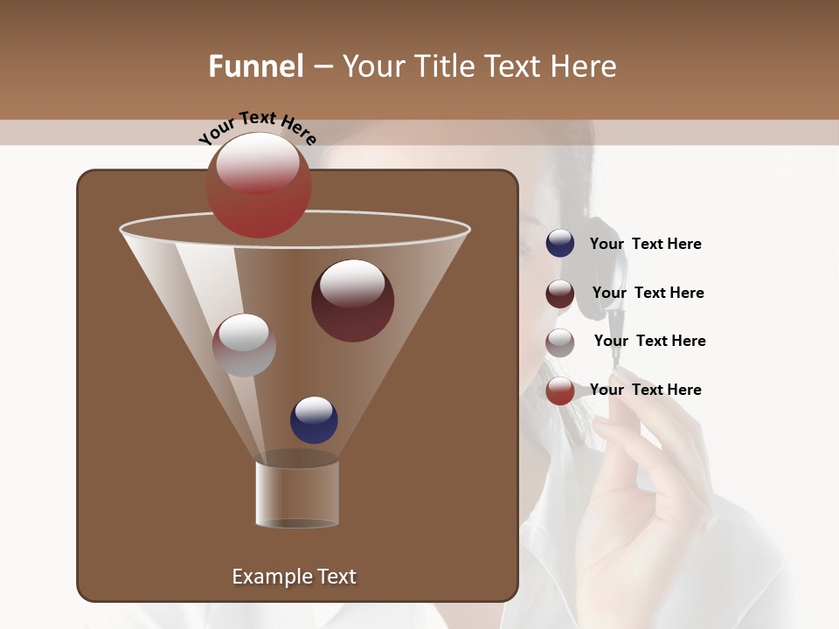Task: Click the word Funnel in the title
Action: click(x=255, y=66)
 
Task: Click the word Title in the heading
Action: click(x=444, y=66)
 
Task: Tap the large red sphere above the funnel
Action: click(x=258, y=185)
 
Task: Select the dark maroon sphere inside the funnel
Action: click(x=352, y=301)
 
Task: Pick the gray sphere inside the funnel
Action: click(x=244, y=345)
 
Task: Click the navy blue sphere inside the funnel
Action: click(x=314, y=420)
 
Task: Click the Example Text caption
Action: click(x=294, y=577)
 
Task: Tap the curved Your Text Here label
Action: click(x=257, y=128)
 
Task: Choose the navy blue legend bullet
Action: click(x=560, y=244)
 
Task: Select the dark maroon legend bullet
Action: click(x=560, y=294)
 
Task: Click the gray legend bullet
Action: click(x=560, y=342)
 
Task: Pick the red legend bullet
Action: click(x=560, y=391)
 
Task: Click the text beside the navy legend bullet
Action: click(x=645, y=245)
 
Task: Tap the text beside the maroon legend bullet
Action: click(x=648, y=294)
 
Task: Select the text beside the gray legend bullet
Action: click(x=649, y=342)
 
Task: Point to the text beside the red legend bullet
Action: click(x=645, y=390)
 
